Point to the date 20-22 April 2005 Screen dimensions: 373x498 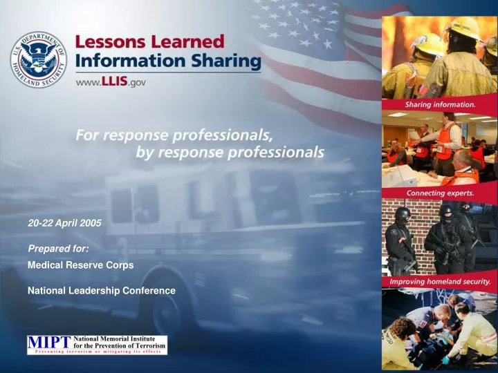pos(64,223)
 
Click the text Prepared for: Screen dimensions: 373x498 pos(58,247)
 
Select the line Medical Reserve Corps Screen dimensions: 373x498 pos(80,265)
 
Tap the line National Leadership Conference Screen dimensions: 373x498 pos(101,291)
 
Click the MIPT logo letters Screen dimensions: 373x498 pos(49,343)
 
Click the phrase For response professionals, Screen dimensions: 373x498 pos(173,135)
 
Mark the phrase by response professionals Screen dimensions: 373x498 pos(230,153)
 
